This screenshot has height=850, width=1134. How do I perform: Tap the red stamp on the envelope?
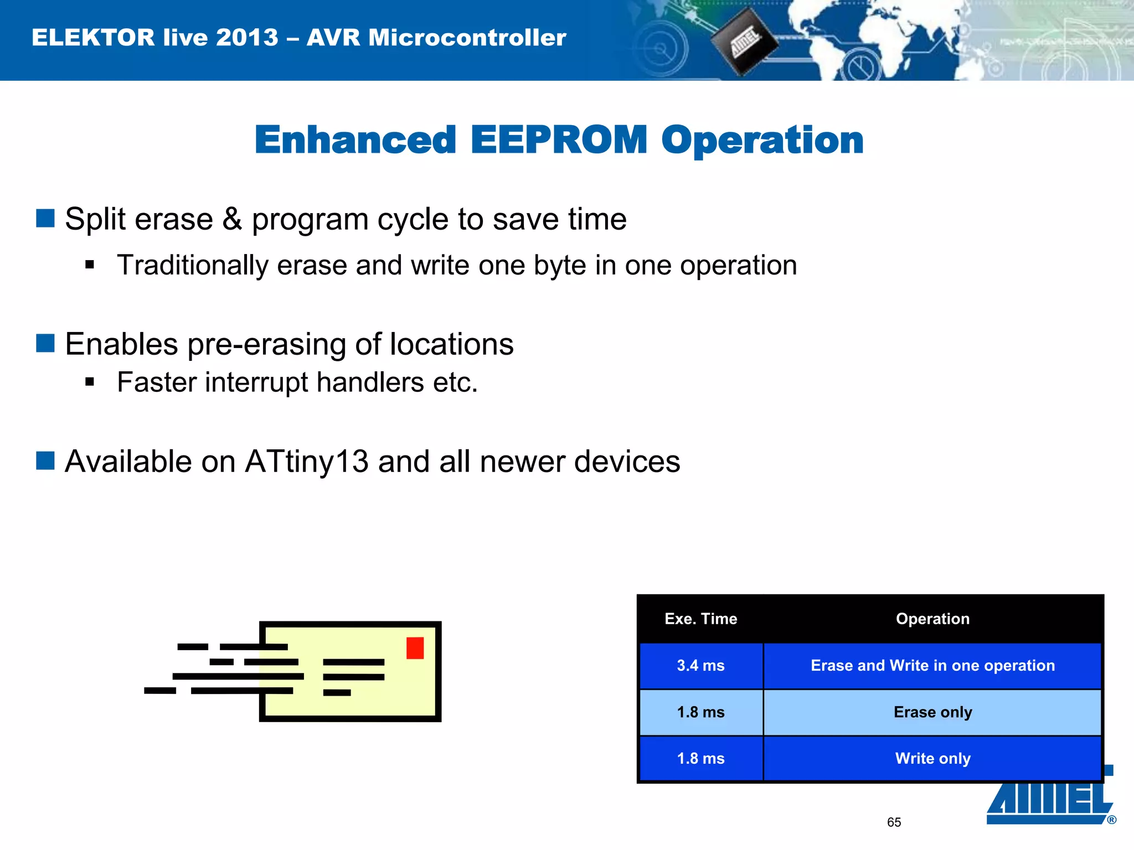(415, 647)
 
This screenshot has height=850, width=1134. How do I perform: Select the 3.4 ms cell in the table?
(700, 665)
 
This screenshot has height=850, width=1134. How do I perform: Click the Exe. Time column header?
(700, 619)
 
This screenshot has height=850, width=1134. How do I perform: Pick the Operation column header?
(932, 619)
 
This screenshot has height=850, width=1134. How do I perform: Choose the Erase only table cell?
(932, 712)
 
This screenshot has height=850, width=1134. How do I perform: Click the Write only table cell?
(932, 759)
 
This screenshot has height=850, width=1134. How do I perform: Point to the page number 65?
(894, 822)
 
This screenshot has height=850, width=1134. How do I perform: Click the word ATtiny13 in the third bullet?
(306, 462)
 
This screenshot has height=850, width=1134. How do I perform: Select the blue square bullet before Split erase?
(45, 218)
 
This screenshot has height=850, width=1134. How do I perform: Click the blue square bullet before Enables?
(45, 343)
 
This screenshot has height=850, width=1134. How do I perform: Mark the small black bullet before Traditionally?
(90, 265)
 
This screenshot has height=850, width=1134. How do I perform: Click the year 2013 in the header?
(247, 38)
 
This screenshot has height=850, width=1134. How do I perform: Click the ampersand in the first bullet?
(232, 219)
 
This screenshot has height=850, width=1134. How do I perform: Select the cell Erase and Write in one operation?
(932, 665)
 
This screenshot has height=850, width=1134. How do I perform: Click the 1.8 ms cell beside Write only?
(700, 759)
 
